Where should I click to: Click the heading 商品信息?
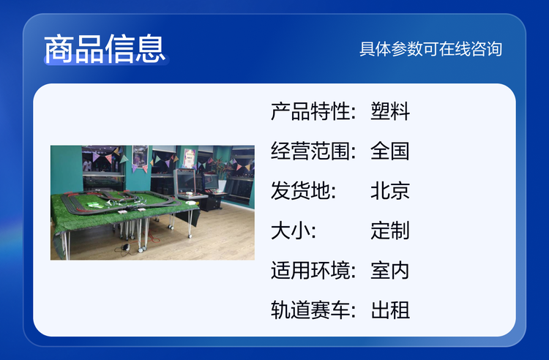[105, 49]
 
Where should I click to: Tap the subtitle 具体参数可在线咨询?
[430, 49]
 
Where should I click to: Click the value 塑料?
[390, 112]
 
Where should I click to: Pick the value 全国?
[390, 151]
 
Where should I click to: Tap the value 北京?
[390, 191]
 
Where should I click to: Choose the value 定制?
[390, 231]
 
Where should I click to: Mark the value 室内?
[390, 271]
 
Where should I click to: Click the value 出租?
[390, 310]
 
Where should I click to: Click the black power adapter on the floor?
[125, 247]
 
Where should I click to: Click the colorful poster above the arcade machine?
[189, 158]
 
